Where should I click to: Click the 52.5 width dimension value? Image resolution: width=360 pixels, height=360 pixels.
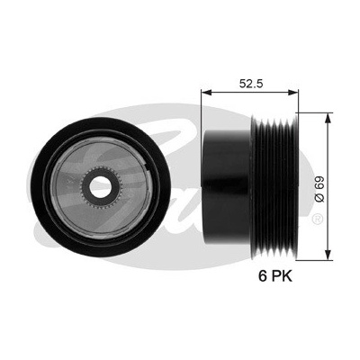[251, 84]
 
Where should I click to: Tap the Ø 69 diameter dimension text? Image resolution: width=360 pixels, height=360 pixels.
[319, 189]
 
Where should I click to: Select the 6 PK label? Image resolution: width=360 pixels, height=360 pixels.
[275, 276]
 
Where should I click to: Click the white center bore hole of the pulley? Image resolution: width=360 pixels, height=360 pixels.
[101, 187]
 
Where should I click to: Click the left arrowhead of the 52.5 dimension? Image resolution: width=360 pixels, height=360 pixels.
[206, 93]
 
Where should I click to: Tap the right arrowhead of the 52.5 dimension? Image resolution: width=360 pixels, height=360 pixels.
[293, 93]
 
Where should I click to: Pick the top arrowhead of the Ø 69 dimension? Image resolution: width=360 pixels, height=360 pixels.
[329, 118]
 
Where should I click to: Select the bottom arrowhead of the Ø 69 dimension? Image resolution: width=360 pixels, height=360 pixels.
[329, 254]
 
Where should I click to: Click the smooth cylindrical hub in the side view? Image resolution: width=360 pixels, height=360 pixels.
[227, 185]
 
